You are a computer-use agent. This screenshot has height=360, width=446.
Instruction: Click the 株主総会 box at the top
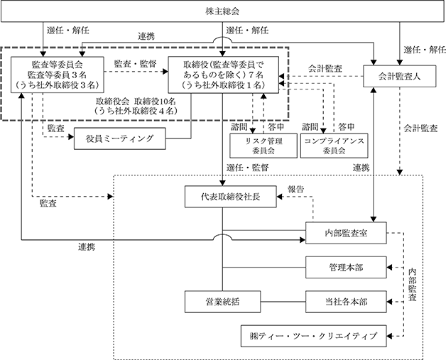pyautogui.click(x=223, y=11)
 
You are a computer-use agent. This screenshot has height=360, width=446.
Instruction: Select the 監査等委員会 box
pyautogui.click(x=58, y=75)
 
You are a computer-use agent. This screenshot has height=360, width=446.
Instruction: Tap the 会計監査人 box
pyautogui.click(x=399, y=76)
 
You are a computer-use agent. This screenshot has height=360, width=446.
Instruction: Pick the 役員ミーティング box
pyautogui.click(x=120, y=138)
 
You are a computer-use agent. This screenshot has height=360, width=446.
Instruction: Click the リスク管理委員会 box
pyautogui.click(x=263, y=146)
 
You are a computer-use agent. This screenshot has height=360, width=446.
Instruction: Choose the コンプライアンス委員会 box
pyautogui.click(x=334, y=146)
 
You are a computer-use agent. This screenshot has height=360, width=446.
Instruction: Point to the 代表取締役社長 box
pyautogui.click(x=230, y=197)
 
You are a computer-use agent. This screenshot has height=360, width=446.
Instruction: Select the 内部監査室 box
pyautogui.click(x=346, y=233)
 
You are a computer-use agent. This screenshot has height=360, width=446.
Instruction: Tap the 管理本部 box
pyautogui.click(x=346, y=267)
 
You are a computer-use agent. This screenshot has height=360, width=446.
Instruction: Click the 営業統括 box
pyautogui.click(x=222, y=302)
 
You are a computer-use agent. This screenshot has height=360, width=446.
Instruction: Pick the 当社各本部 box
pyautogui.click(x=346, y=302)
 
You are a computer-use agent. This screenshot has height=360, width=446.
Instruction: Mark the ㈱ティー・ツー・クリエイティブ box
pyautogui.click(x=314, y=336)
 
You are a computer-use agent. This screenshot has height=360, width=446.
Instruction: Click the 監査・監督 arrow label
pyautogui.click(x=136, y=64)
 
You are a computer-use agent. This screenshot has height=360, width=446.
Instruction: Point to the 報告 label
pyautogui.click(x=296, y=189)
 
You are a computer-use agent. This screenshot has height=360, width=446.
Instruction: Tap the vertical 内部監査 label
pyautogui.click(x=412, y=285)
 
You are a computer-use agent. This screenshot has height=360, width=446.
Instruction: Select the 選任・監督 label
pyautogui.click(x=247, y=168)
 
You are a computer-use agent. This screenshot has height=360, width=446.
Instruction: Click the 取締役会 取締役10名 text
pyautogui.click(x=136, y=102)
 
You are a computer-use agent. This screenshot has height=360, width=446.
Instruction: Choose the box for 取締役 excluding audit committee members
pyautogui.click(x=223, y=75)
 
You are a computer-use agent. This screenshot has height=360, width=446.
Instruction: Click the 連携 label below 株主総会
pyautogui.click(x=146, y=36)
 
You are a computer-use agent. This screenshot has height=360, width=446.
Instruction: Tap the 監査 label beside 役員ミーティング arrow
pyautogui.click(x=55, y=129)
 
